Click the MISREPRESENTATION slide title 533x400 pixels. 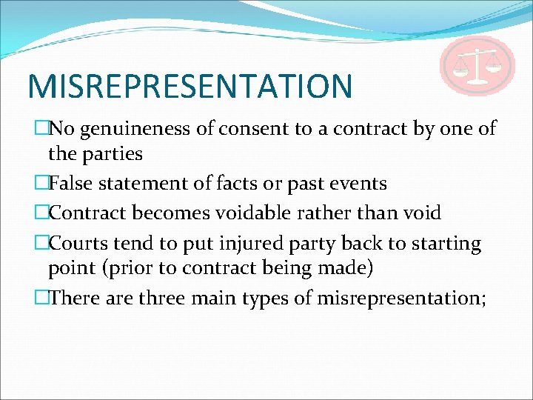pos(190,85)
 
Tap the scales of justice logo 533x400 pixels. pos(477,65)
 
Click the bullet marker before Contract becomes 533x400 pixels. pos(41,213)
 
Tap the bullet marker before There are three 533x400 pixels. pos(41,297)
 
